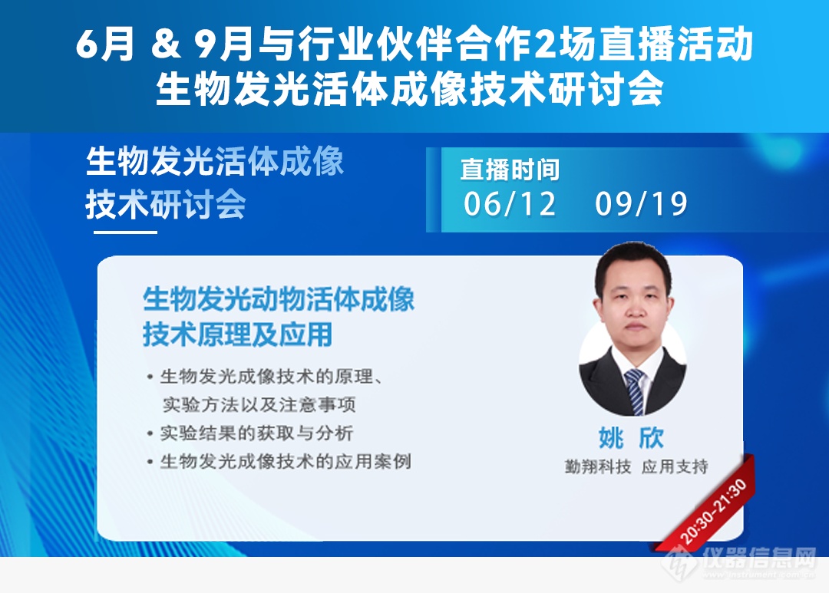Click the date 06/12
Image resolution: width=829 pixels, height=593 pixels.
click(x=510, y=205)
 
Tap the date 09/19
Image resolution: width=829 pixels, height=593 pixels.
click(x=641, y=205)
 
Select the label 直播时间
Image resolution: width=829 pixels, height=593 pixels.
click(x=510, y=170)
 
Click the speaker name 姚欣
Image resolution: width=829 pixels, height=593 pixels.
click(x=631, y=438)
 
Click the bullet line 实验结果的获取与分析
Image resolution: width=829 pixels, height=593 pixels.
click(x=256, y=433)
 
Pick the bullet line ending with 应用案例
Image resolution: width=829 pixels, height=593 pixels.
click(x=285, y=462)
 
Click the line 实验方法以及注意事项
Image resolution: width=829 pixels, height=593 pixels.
click(x=259, y=404)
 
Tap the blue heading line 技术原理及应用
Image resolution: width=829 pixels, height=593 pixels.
click(x=238, y=334)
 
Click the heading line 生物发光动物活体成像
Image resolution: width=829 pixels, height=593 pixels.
click(x=279, y=299)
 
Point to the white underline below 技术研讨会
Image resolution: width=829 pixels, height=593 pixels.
click(x=121, y=232)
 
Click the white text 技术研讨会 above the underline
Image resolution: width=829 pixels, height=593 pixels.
click(x=166, y=204)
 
